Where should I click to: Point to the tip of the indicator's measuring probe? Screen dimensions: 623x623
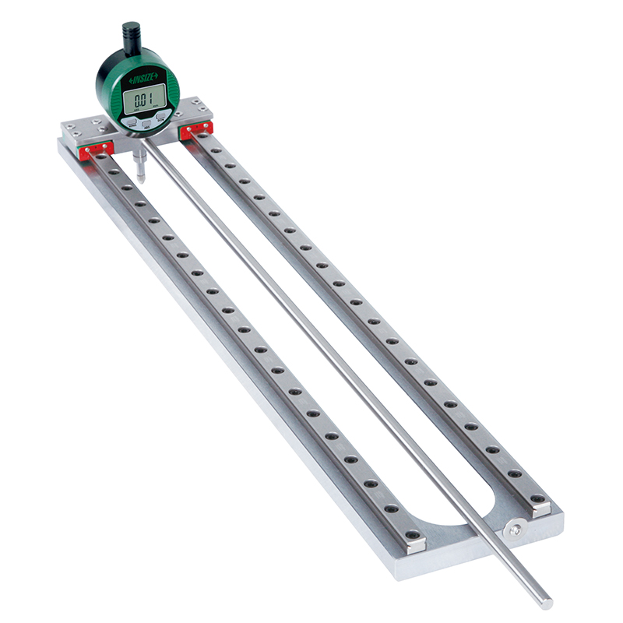point(139,180)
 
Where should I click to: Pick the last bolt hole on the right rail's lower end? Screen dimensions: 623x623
point(515,473)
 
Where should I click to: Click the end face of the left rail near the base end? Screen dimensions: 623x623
point(416,545)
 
